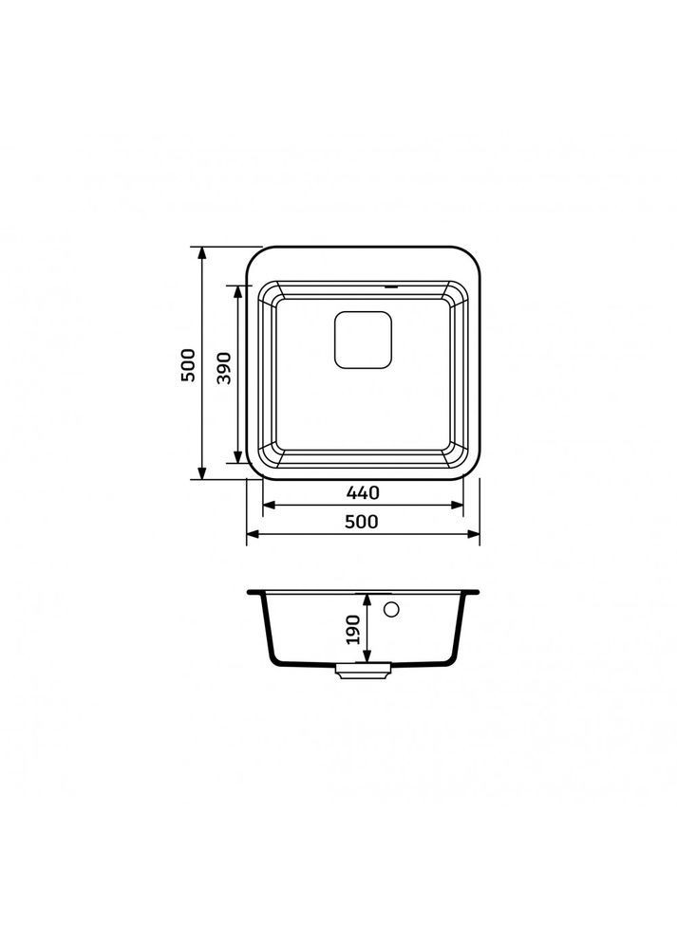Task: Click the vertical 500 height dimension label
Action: coord(188,365)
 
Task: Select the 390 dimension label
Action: coord(223,368)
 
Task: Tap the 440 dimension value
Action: coord(363,492)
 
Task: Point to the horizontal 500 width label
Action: coord(362,522)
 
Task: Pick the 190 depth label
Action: coord(353,629)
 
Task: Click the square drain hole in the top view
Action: coord(363,340)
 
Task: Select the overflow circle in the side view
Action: coord(391,610)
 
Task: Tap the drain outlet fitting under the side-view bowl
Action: coord(363,670)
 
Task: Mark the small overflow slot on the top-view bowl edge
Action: coord(390,287)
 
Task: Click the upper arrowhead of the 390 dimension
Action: coord(238,290)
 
